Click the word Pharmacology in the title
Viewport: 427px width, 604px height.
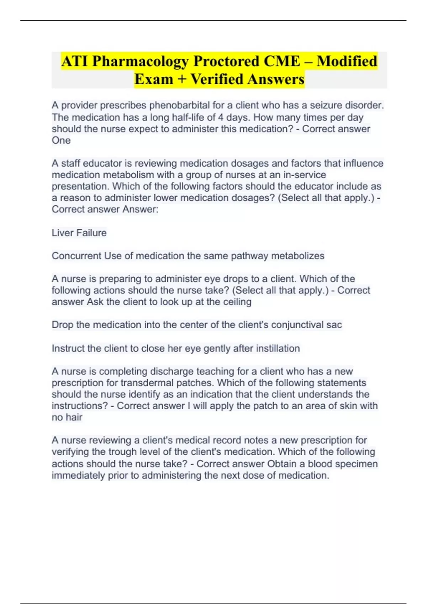coord(140,61)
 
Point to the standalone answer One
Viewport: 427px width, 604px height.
coord(61,140)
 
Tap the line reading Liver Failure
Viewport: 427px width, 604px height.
coord(79,233)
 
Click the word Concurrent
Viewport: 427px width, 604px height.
coord(77,256)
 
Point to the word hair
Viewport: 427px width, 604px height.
coord(74,417)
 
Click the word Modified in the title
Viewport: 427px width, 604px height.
coord(347,61)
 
